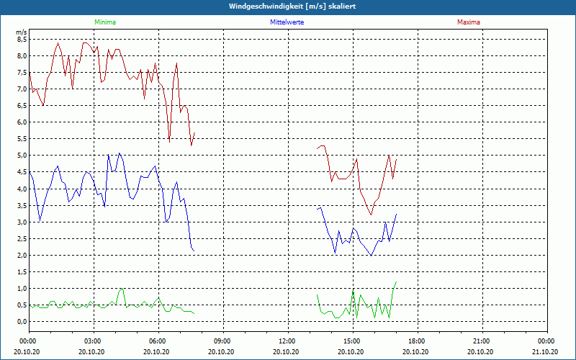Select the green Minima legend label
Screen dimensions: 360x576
(104, 22)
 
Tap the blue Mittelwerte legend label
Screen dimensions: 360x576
(287, 22)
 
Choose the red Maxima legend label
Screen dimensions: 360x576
(468, 22)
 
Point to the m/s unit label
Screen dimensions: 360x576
(22, 32)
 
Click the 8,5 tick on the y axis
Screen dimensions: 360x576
(22, 40)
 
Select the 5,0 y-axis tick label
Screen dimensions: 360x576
(22, 156)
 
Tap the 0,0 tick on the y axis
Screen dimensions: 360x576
(22, 322)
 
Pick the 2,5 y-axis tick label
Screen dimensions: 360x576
(22, 239)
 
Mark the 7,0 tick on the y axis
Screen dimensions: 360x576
(22, 89)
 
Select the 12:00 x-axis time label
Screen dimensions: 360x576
(288, 341)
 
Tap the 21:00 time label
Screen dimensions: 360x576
(482, 341)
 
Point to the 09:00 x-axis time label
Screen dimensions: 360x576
(223, 341)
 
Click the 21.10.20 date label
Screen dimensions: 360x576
(546, 351)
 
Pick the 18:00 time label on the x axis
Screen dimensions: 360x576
(418, 341)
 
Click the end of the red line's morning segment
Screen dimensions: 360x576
(195, 132)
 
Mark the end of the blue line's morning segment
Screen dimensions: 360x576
(194, 251)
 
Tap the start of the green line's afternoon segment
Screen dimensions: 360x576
(318, 294)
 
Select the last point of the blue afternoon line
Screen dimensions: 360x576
(396, 214)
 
